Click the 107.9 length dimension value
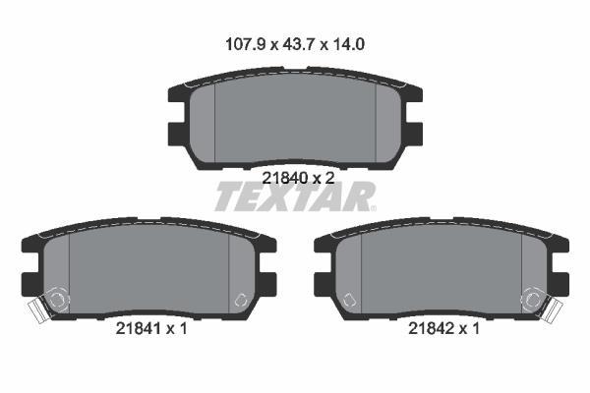[x=245, y=45]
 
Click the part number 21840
[x=285, y=178]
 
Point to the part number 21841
[x=139, y=329]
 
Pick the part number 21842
[x=432, y=329]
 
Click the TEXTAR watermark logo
[x=295, y=196]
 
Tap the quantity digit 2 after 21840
[x=329, y=178]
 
